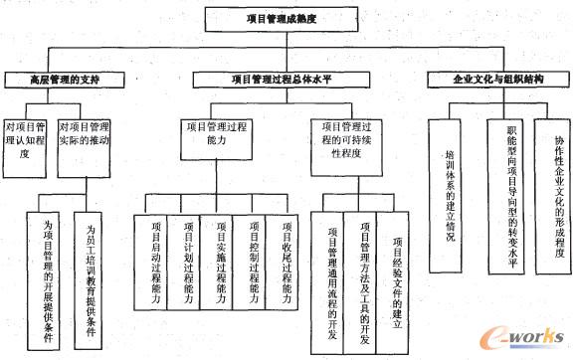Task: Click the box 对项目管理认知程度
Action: (x=26, y=140)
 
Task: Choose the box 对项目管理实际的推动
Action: (x=85, y=140)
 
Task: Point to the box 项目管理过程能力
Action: (x=221, y=140)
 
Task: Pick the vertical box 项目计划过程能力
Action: (x=185, y=270)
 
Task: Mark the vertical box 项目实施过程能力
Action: (x=218, y=270)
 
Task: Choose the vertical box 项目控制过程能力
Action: (x=251, y=270)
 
